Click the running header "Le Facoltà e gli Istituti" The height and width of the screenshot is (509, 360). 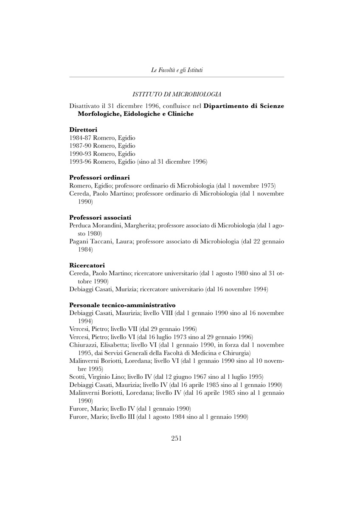(x=177, y=70)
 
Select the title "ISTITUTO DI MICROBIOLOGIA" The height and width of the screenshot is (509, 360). (x=177, y=94)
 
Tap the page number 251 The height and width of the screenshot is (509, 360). (x=177, y=439)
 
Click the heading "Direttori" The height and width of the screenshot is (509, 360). (x=83, y=129)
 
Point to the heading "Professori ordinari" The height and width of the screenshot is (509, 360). (x=99, y=177)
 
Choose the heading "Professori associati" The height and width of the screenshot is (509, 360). (x=100, y=217)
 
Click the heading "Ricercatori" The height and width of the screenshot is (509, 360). (x=87, y=265)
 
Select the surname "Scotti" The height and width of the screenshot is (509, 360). (x=77, y=377)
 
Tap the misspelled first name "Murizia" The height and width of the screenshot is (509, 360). (x=128, y=289)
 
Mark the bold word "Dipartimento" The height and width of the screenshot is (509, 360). (x=225, y=106)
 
